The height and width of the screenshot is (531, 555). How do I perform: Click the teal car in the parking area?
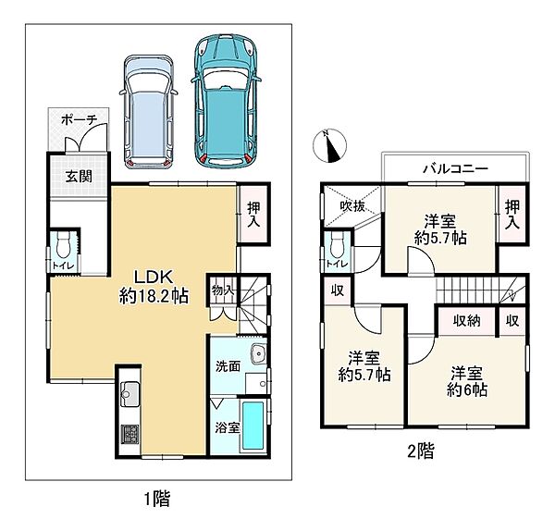(x=226, y=101)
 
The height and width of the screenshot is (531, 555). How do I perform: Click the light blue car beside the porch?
(x=148, y=112)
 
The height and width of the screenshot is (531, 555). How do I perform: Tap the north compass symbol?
(x=330, y=146)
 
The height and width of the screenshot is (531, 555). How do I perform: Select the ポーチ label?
(x=79, y=120)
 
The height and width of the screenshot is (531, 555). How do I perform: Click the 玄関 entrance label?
(x=79, y=176)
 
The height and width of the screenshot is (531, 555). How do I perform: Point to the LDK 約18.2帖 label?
(x=154, y=287)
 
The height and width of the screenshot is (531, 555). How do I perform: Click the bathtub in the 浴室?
(x=253, y=426)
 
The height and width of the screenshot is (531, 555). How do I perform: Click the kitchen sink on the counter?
(x=129, y=394)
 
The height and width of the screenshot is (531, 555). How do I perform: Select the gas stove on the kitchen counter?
(x=129, y=434)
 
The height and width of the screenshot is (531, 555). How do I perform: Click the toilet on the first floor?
(x=63, y=245)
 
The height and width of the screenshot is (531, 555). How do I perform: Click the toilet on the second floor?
(x=337, y=245)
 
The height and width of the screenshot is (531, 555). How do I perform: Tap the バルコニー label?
(x=455, y=168)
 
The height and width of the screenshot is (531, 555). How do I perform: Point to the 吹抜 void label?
(x=352, y=206)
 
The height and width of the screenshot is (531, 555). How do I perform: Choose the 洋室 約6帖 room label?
(x=467, y=382)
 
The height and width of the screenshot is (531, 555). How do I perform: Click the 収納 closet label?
(x=467, y=321)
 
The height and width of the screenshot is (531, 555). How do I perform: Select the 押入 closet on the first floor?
(x=253, y=215)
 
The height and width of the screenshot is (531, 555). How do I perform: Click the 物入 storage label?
(x=223, y=290)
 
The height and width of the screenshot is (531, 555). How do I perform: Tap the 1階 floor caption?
(x=157, y=499)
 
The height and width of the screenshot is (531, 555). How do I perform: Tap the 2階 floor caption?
(x=421, y=451)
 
